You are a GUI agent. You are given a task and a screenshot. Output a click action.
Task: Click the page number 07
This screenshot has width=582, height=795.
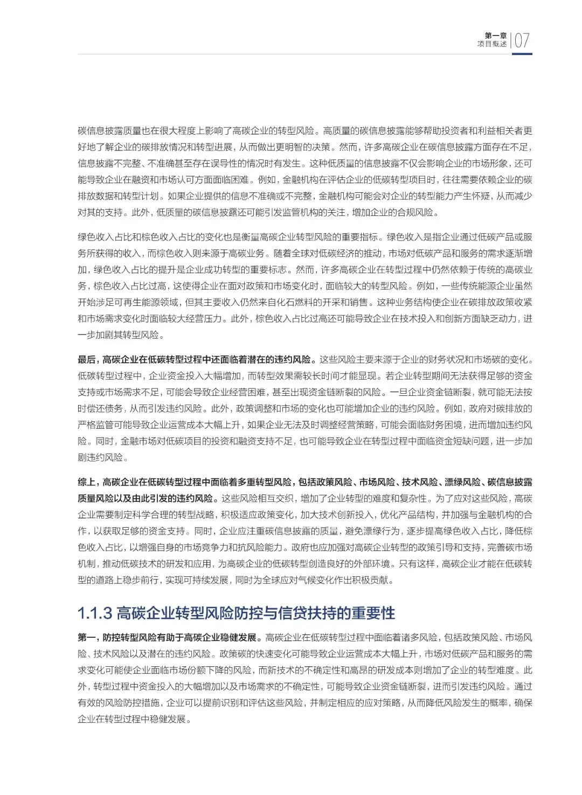[522, 40]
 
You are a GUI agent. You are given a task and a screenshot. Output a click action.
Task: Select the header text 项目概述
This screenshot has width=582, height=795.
[492, 44]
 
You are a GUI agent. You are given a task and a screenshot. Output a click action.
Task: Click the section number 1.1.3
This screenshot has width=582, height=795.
[95, 613]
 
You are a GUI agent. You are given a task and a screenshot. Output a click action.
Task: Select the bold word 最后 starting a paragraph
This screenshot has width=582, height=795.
[86, 360]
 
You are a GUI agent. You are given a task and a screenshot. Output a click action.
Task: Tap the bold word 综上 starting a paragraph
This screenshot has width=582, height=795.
[86, 482]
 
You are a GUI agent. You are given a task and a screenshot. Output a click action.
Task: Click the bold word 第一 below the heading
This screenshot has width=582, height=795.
[86, 638]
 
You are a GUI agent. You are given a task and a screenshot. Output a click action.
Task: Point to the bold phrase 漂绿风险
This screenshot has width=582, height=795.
[462, 482]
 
